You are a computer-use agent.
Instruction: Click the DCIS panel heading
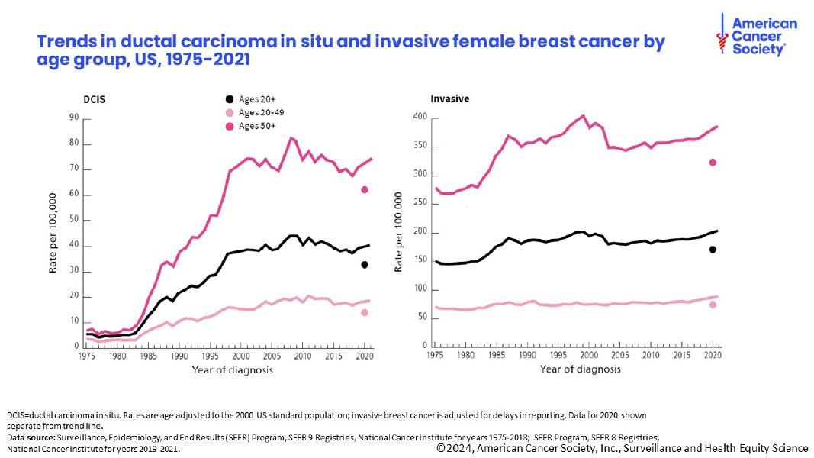point(95,99)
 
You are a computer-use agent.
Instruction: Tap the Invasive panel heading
point(449,99)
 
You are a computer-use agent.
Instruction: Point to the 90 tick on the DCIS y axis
point(74,118)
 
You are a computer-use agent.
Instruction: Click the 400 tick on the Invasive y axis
point(418,117)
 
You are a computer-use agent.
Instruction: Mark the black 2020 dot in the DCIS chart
point(365,264)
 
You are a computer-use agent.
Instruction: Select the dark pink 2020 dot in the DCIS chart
point(365,189)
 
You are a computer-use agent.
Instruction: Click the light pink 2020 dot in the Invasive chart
point(713,305)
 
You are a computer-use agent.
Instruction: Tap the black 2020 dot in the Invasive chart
point(713,250)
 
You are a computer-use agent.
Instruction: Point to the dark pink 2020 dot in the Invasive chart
point(713,162)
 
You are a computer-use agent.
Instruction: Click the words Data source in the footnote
point(30,437)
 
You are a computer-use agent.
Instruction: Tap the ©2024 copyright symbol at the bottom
point(441,449)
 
